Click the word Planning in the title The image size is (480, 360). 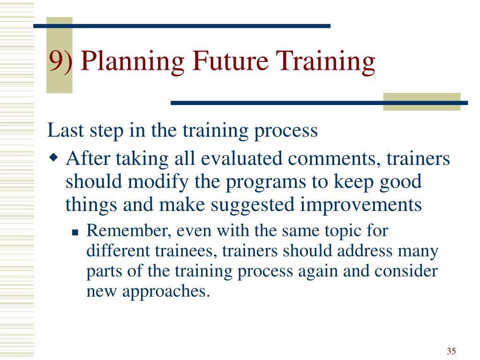(133, 61)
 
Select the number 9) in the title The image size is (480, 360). (60, 61)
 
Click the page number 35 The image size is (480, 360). (451, 351)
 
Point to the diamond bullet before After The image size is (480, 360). (53, 158)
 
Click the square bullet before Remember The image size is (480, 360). (75, 232)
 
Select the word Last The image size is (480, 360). (66, 130)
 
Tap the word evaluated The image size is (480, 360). (241, 158)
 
